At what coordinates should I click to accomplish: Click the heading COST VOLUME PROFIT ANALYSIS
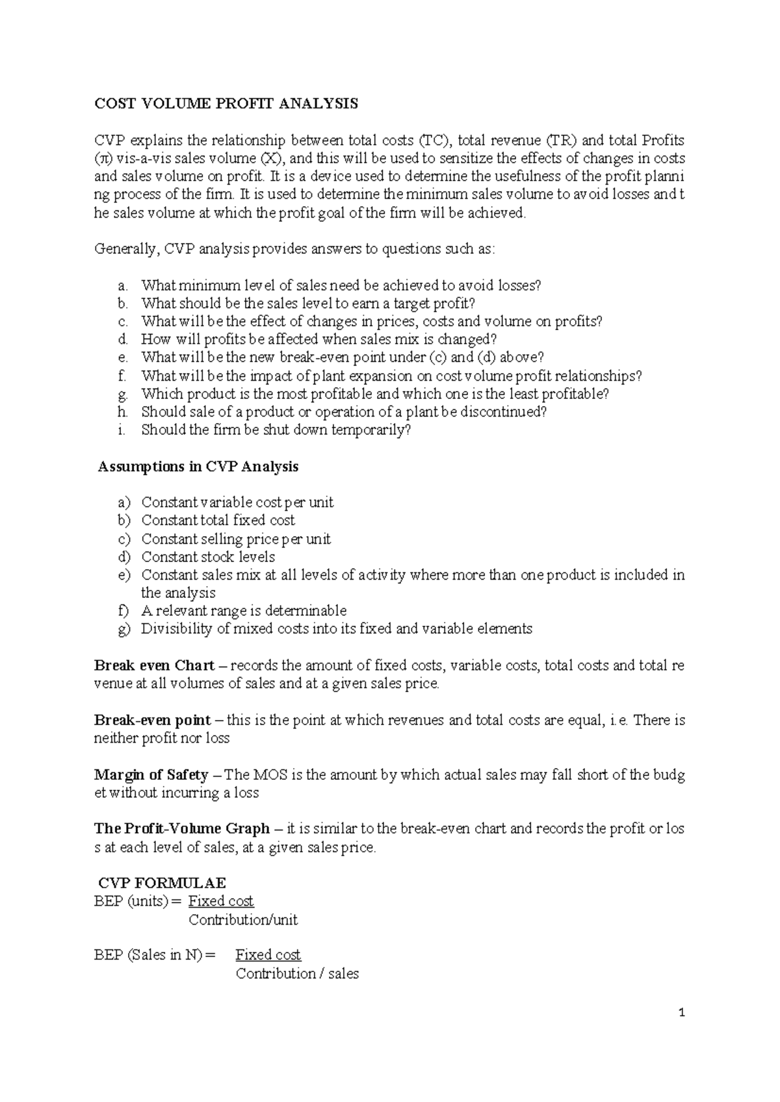[226, 104]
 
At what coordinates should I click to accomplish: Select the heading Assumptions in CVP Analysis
[198, 467]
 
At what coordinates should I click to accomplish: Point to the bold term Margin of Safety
[151, 775]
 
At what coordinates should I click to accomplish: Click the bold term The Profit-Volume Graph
[182, 828]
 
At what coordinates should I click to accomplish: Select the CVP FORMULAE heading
[162, 883]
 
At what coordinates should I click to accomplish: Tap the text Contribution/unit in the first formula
[243, 919]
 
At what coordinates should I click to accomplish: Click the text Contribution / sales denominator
[297, 973]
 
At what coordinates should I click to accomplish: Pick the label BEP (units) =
[138, 901]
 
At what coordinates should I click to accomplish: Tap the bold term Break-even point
[152, 720]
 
